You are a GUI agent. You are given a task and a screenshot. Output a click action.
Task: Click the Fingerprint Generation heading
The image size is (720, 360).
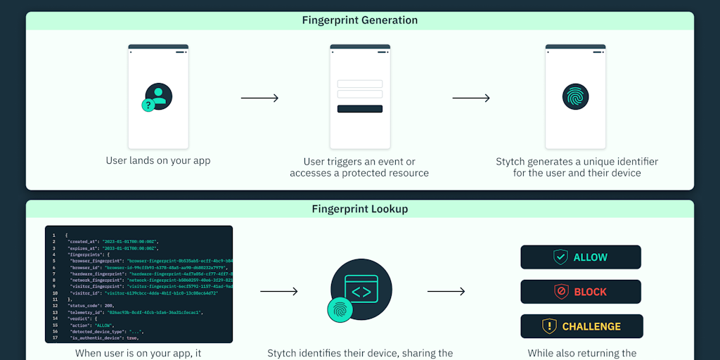tap(359, 20)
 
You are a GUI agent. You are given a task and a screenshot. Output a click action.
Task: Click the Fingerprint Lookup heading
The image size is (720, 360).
tap(359, 209)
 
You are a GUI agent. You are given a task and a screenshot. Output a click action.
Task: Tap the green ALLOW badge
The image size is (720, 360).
tap(581, 257)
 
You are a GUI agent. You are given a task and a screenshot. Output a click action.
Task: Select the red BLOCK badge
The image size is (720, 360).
tap(581, 292)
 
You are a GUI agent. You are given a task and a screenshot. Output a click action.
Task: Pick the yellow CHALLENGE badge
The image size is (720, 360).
tap(581, 326)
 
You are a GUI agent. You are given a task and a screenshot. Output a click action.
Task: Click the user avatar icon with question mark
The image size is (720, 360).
tap(157, 97)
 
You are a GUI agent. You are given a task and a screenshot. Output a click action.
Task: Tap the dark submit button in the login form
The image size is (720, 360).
tap(360, 109)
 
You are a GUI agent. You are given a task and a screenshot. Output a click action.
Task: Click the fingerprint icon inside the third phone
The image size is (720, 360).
tap(575, 97)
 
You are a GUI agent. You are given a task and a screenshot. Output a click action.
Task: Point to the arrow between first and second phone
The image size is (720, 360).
tap(259, 98)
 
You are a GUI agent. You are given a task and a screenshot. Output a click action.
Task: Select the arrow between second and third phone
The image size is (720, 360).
tap(471, 98)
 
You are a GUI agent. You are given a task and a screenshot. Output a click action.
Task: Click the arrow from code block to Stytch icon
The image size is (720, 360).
tap(279, 291)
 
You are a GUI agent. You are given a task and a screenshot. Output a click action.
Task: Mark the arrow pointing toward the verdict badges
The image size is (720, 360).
tap(446, 291)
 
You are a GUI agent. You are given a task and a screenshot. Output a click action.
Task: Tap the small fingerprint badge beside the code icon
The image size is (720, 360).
tap(340, 309)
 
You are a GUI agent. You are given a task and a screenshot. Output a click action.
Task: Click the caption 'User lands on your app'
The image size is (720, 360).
tap(158, 160)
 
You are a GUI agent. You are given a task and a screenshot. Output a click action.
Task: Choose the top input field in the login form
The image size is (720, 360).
tap(360, 84)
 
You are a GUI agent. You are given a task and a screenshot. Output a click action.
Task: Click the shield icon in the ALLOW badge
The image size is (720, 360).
tap(560, 257)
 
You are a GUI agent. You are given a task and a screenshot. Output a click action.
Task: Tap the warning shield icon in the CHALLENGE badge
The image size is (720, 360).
tap(549, 326)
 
